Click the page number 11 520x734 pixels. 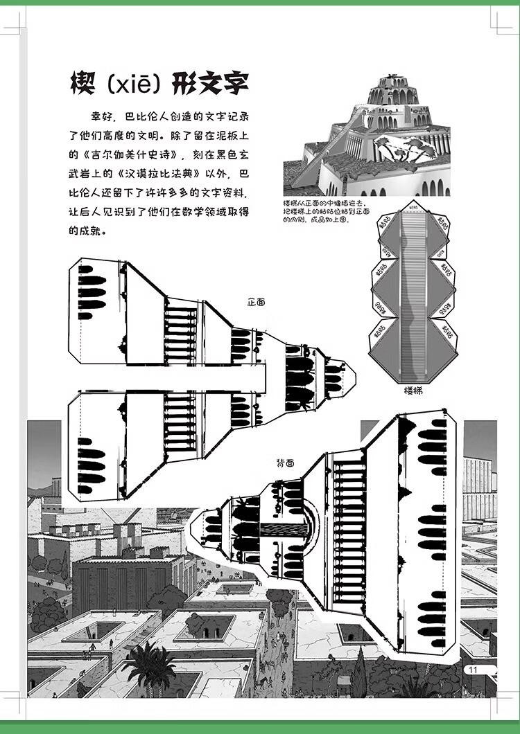[x=475, y=670]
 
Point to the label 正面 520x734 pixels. [x=256, y=302]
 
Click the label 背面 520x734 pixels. [x=285, y=460]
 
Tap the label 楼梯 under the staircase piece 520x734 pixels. [x=414, y=391]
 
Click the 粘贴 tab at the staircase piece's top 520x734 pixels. [x=414, y=207]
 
